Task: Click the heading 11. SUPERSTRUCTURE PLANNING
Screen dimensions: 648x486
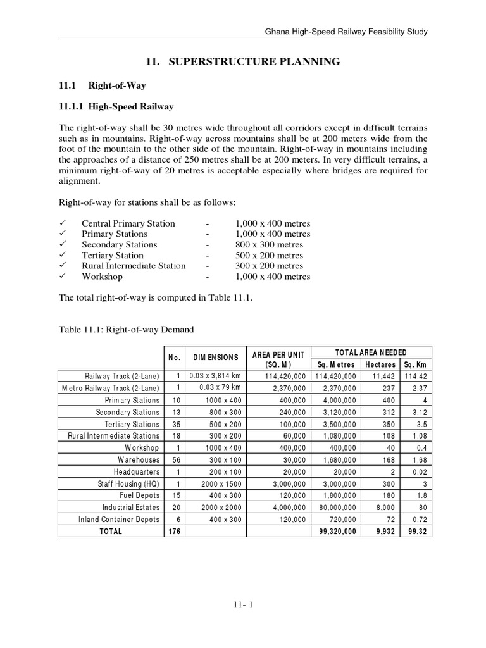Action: click(x=243, y=61)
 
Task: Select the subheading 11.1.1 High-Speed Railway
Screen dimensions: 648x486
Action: click(x=116, y=106)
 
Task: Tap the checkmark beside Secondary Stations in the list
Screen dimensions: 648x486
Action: click(x=62, y=244)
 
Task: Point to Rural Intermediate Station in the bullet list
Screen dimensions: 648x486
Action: click(x=134, y=266)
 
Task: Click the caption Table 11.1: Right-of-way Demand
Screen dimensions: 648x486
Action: click(x=126, y=330)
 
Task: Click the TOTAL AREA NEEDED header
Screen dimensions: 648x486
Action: click(x=371, y=352)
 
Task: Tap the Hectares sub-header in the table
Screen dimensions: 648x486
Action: click(x=380, y=364)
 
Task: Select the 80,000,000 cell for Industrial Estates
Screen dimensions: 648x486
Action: click(x=336, y=508)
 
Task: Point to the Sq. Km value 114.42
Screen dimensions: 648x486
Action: click(x=417, y=376)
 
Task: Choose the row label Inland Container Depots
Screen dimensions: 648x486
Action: click(x=119, y=520)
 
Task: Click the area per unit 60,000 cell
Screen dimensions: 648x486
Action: click(x=292, y=436)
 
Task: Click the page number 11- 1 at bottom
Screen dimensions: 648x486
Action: click(x=243, y=605)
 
